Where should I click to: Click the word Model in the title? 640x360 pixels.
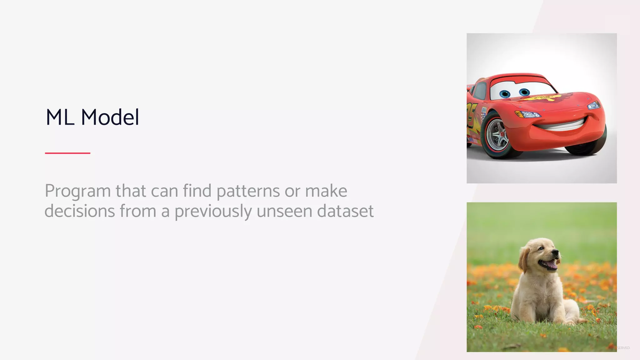[110, 117]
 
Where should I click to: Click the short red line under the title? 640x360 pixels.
[67, 153]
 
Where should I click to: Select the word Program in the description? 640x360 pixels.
[77, 191]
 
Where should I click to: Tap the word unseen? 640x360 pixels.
[284, 211]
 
